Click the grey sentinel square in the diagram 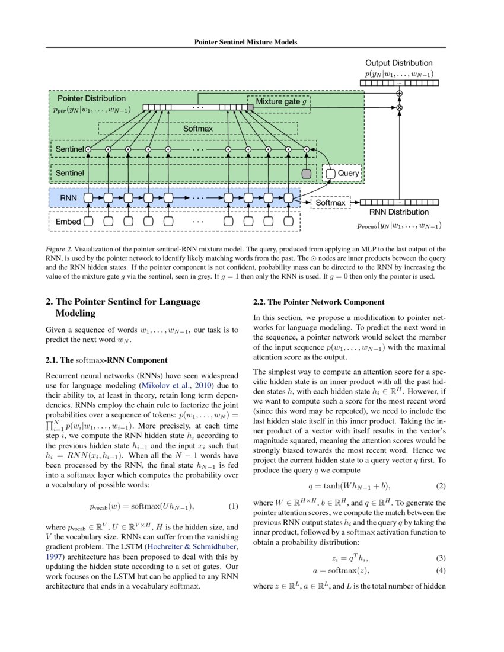coord(307,174)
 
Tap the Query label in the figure coord(348,174)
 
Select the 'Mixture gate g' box coord(279,101)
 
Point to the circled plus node coord(399,94)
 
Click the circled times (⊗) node coord(399,108)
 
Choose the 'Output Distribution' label coord(398,63)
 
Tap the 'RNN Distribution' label coord(398,212)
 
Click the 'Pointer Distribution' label coord(91,98)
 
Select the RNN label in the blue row coord(65,197)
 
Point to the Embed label coord(68,222)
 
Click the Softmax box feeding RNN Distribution coord(330,203)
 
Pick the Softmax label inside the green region coord(198,128)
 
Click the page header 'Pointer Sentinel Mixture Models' coord(245,42)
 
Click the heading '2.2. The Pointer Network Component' coord(319,302)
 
